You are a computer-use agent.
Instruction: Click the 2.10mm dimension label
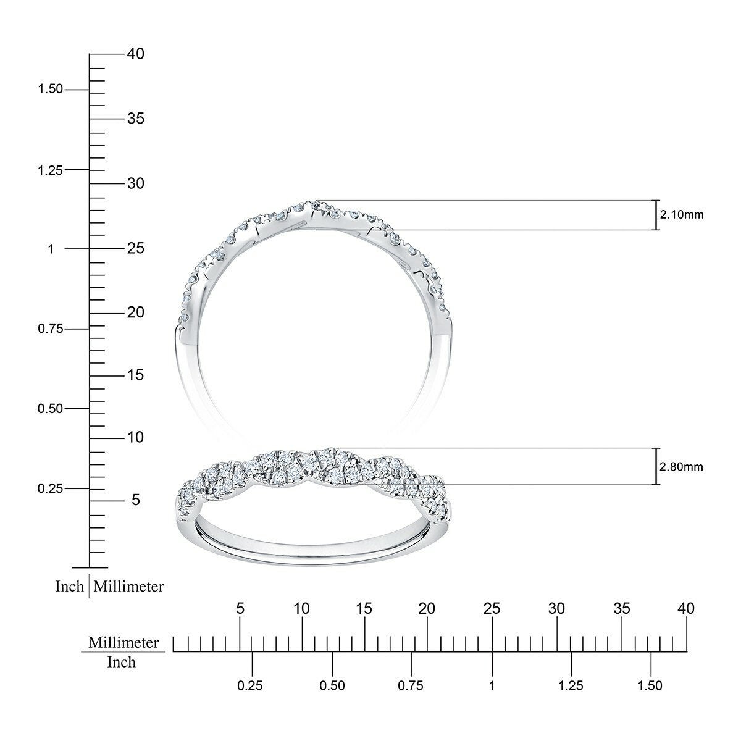[x=682, y=214]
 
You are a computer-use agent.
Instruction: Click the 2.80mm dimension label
[x=681, y=467]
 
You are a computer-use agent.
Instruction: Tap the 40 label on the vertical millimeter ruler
[x=136, y=54]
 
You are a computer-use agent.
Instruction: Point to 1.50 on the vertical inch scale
[x=50, y=89]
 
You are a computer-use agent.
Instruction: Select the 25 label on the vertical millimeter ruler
[x=136, y=248]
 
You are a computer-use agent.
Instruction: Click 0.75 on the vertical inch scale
[x=51, y=329]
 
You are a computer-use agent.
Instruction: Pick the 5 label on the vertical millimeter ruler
[x=136, y=500]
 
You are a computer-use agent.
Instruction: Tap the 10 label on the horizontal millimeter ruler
[x=302, y=609]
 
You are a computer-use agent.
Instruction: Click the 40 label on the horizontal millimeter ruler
[x=687, y=609]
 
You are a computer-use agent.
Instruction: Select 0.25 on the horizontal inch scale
[x=250, y=685]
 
